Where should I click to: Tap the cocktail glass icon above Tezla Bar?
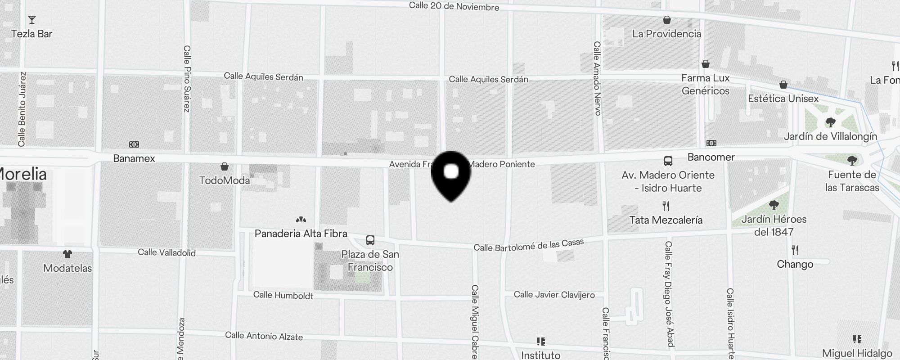pyautogui.click(x=31, y=20)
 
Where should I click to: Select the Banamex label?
pyautogui.click(x=134, y=158)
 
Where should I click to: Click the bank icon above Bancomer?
pyautogui.click(x=711, y=143)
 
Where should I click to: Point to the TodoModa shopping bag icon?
pyautogui.click(x=224, y=166)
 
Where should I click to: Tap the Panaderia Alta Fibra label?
pyautogui.click(x=301, y=234)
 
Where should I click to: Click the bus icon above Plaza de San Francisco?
pyautogui.click(x=370, y=240)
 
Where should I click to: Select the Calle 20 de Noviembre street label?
pyautogui.click(x=454, y=6)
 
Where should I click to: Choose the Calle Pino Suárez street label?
pyautogui.click(x=187, y=79)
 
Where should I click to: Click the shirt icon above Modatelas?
pyautogui.click(x=67, y=254)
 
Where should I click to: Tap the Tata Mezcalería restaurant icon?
pyautogui.click(x=666, y=206)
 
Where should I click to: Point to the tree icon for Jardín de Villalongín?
pyautogui.click(x=830, y=122)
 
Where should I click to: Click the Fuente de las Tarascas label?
pyautogui.click(x=852, y=181)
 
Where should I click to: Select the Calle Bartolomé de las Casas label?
pyautogui.click(x=529, y=245)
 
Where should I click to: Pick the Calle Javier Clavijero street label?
pyautogui.click(x=554, y=295)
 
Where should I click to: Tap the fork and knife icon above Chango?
pyautogui.click(x=795, y=250)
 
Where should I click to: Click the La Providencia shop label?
pyautogui.click(x=666, y=34)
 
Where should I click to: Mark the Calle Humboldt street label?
pyautogui.click(x=283, y=295)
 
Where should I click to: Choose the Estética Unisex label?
pyautogui.click(x=783, y=99)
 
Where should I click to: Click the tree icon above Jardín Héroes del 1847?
pyautogui.click(x=774, y=206)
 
